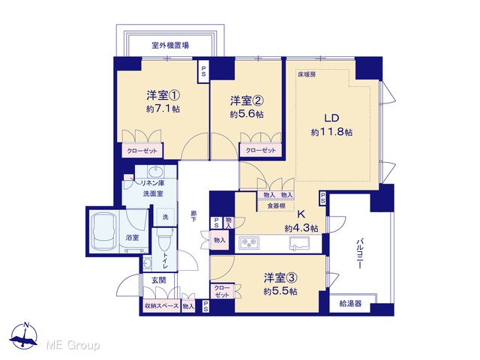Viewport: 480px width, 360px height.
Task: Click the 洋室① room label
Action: (163, 95)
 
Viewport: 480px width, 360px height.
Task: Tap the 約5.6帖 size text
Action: (247, 114)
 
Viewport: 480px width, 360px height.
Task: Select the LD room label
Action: (331, 118)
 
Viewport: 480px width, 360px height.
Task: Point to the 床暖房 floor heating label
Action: (307, 74)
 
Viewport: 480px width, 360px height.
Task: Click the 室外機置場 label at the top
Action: (170, 46)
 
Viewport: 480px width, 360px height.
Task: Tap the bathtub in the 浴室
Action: (105, 232)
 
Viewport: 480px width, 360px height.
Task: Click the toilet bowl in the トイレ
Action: (162, 238)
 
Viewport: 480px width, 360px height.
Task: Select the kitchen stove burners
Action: (248, 243)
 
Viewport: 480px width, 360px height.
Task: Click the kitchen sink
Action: (299, 243)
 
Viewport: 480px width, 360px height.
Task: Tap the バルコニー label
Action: (360, 255)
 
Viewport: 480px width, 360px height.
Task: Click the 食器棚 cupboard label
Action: (276, 205)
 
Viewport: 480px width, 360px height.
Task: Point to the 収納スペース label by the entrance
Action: (162, 306)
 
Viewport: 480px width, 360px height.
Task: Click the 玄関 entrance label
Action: (158, 280)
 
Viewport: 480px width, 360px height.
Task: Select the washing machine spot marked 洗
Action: (165, 217)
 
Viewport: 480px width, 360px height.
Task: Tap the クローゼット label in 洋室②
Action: (261, 150)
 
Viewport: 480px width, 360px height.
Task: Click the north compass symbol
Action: (24, 335)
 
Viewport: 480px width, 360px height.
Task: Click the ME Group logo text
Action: (73, 345)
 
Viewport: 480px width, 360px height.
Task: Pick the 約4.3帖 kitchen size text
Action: (301, 228)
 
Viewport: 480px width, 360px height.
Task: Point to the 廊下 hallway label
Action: (193, 216)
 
